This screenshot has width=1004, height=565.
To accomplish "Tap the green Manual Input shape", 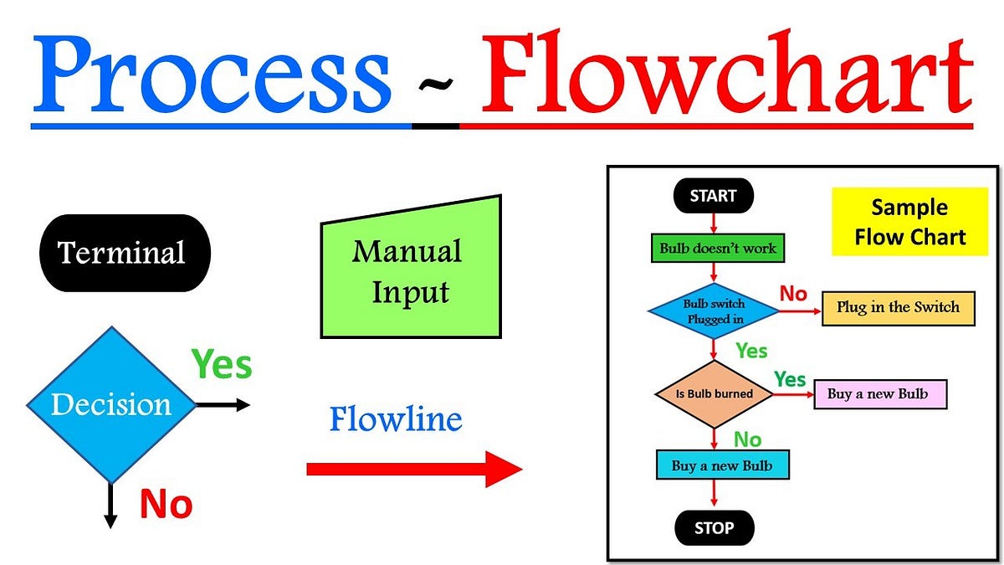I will click(411, 270).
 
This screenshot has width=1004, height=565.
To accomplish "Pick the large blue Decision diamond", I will click(110, 405).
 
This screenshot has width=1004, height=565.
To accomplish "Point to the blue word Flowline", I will click(395, 419).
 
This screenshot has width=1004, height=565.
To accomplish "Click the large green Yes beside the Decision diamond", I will click(222, 364).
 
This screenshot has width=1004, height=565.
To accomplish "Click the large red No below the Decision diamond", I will click(166, 505).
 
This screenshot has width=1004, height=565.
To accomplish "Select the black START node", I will click(713, 197).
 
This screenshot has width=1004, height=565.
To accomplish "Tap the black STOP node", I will click(714, 528).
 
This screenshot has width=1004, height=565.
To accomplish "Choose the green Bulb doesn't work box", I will click(718, 248).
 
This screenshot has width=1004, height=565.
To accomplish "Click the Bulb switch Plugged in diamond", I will click(714, 311).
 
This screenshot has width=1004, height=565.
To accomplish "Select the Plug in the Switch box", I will click(899, 307).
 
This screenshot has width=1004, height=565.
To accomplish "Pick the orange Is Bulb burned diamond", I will click(714, 393).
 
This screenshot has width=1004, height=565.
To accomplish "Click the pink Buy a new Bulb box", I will click(879, 393).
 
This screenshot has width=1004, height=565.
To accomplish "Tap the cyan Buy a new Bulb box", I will click(722, 465).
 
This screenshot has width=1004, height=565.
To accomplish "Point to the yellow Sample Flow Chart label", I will click(909, 222).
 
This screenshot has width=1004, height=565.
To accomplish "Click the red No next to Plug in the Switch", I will click(792, 294).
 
